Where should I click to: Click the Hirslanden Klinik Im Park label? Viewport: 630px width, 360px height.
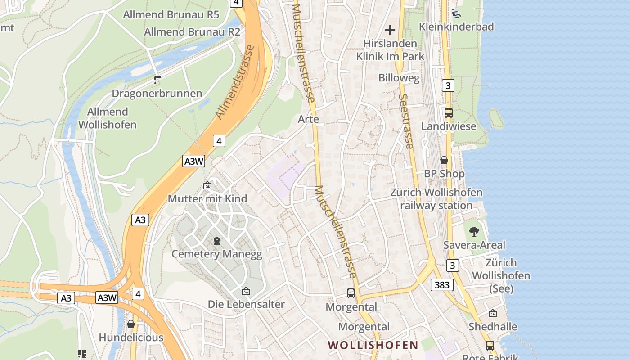point(390,50)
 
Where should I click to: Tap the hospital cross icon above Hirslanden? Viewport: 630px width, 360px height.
point(390,30)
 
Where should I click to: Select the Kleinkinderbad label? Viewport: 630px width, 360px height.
point(456,27)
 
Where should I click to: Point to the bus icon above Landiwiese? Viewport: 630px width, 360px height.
point(449,113)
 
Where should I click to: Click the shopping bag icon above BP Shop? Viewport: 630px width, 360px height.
point(444,160)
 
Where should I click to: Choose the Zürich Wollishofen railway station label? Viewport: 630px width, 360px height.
point(436,199)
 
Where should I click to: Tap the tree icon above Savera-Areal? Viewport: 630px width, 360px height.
point(474,232)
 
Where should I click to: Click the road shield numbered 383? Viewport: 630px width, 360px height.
point(442,284)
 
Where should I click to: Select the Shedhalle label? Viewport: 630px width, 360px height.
point(493,326)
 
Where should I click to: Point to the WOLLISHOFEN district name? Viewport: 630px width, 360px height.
point(373,345)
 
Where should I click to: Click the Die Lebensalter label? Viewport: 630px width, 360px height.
point(246,304)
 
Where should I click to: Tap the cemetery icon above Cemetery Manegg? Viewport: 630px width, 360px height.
point(217,241)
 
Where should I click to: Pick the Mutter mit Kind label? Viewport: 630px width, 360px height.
point(207,198)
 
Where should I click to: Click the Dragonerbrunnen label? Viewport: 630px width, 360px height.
point(157,94)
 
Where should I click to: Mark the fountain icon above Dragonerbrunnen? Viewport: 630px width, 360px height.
point(157,80)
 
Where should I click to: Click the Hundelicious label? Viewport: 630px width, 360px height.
point(131,337)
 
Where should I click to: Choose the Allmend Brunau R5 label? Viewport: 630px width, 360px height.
point(171,14)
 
